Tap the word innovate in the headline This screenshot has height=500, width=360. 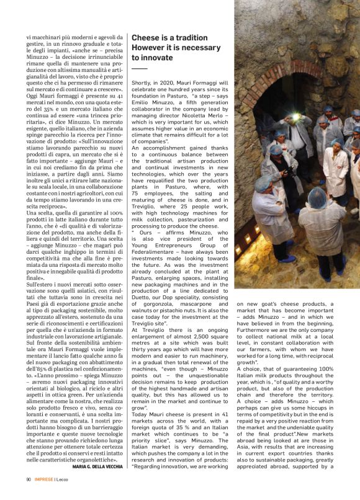pyautogui.click(x=156, y=58)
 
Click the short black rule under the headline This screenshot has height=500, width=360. pyautogui.click(x=140, y=68)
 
